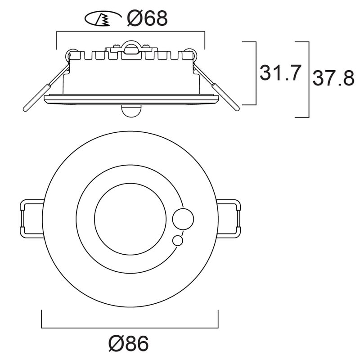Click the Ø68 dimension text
147,18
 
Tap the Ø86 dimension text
129,343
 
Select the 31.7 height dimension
280,73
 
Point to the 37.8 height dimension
333,78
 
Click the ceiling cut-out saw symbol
103,18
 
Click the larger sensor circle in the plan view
183,219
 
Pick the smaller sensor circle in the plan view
177,241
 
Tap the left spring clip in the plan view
31,219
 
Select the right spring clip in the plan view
229,219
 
